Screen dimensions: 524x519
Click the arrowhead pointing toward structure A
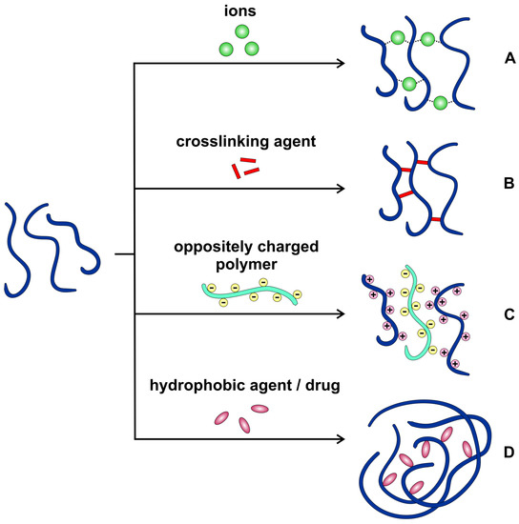point(339,64)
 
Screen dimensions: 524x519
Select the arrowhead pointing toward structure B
point(339,189)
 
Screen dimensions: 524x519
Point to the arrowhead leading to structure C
point(339,313)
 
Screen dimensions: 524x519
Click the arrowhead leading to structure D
point(339,438)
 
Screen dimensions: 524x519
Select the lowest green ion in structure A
point(440,102)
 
